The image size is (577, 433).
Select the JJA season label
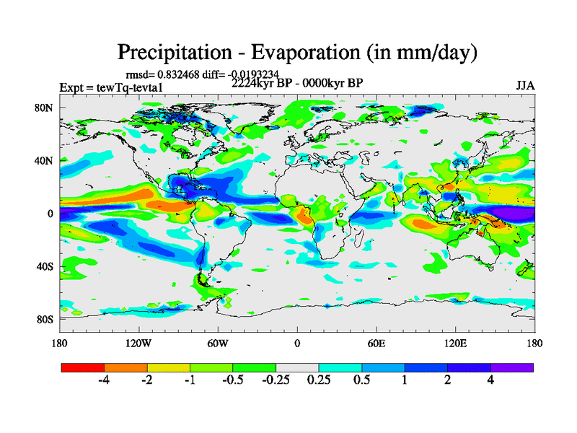click(525, 85)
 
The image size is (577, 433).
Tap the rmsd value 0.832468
click(182, 74)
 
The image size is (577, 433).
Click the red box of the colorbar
click(83, 367)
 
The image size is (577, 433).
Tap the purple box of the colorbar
click(512, 367)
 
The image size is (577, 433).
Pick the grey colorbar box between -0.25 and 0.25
click(297, 367)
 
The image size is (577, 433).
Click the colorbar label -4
click(104, 381)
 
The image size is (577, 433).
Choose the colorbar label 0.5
click(361, 381)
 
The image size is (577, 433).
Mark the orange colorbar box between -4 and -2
click(125, 367)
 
